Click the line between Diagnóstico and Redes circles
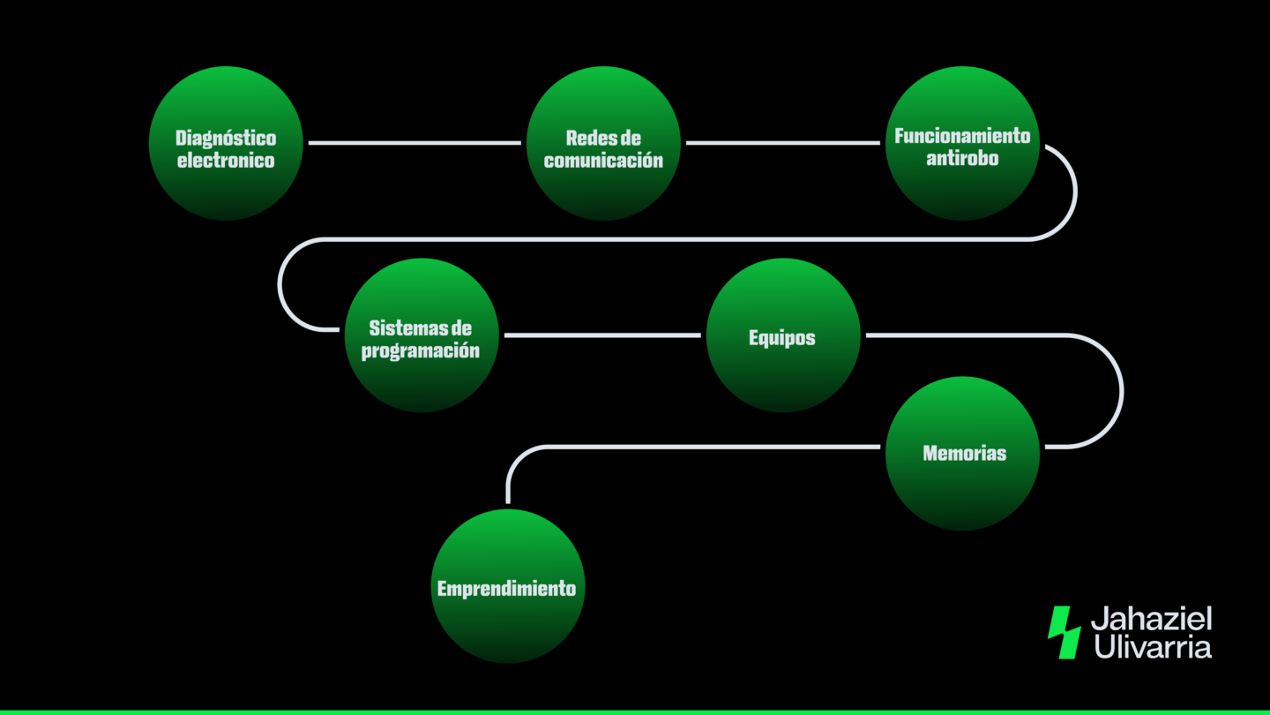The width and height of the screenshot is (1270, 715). (415, 142)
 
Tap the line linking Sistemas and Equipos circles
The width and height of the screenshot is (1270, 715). (602, 335)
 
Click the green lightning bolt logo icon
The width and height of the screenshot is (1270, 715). (1064, 632)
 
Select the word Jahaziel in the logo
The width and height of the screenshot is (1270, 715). (1151, 619)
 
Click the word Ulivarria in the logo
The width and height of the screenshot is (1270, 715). (1153, 646)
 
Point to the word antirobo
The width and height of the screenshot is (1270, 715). (962, 160)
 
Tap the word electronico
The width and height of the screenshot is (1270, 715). (226, 162)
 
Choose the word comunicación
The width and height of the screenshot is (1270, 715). (603, 162)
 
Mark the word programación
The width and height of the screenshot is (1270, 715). (421, 351)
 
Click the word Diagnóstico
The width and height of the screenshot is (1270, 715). (226, 139)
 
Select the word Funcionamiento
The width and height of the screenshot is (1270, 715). (962, 137)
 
